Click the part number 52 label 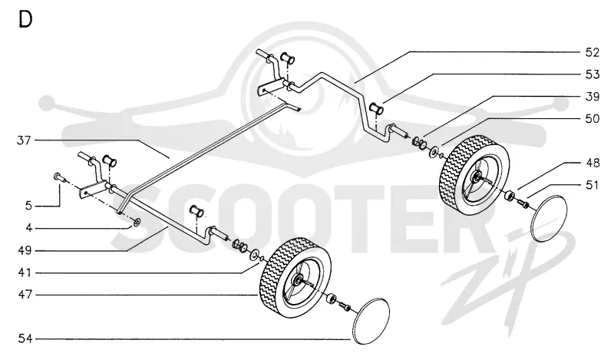click(x=592, y=52)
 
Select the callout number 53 click(x=592, y=74)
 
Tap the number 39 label click(x=592, y=97)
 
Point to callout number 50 click(x=592, y=118)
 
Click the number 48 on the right click(x=593, y=163)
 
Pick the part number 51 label click(x=592, y=184)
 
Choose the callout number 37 click(x=24, y=140)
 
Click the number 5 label click(x=28, y=206)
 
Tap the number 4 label click(x=28, y=228)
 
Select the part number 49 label click(x=25, y=250)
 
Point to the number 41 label click(x=25, y=272)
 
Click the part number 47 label click(x=25, y=295)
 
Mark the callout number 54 click(x=25, y=339)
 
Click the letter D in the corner click(x=25, y=20)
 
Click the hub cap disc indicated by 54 click(x=371, y=321)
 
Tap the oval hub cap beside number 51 click(x=550, y=219)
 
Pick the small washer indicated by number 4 click(x=137, y=223)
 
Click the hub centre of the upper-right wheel click(x=477, y=178)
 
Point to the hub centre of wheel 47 click(x=299, y=280)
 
